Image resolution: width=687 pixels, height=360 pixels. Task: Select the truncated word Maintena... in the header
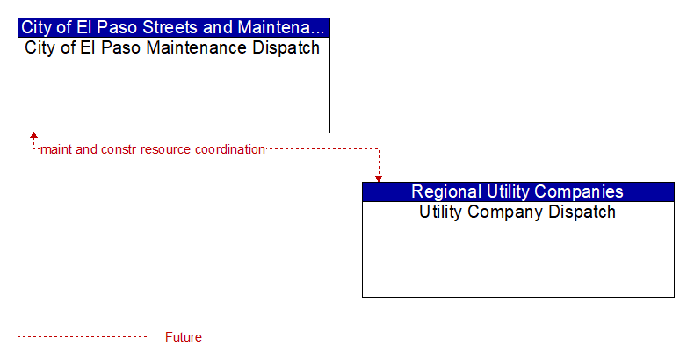click(x=281, y=27)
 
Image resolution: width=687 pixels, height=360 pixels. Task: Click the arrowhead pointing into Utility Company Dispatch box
click(x=379, y=179)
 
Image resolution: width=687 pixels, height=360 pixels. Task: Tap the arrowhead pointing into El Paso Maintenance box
click(x=33, y=136)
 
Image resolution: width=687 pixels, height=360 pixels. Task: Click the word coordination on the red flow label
click(x=230, y=149)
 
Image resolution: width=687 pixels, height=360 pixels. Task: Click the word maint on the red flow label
click(x=56, y=149)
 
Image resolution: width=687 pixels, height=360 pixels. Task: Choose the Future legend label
click(x=183, y=337)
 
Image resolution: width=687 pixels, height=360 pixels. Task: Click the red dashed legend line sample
click(x=83, y=337)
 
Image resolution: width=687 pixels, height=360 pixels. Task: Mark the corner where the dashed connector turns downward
click(x=379, y=149)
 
